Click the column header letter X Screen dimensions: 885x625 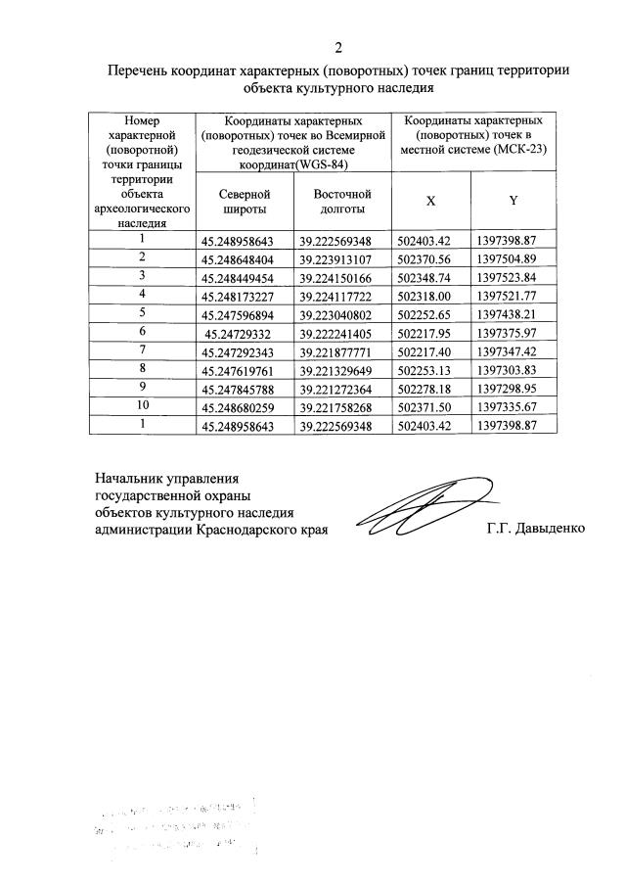[x=430, y=200]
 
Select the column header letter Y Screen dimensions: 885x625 [x=513, y=200]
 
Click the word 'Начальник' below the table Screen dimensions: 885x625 [x=126, y=479]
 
